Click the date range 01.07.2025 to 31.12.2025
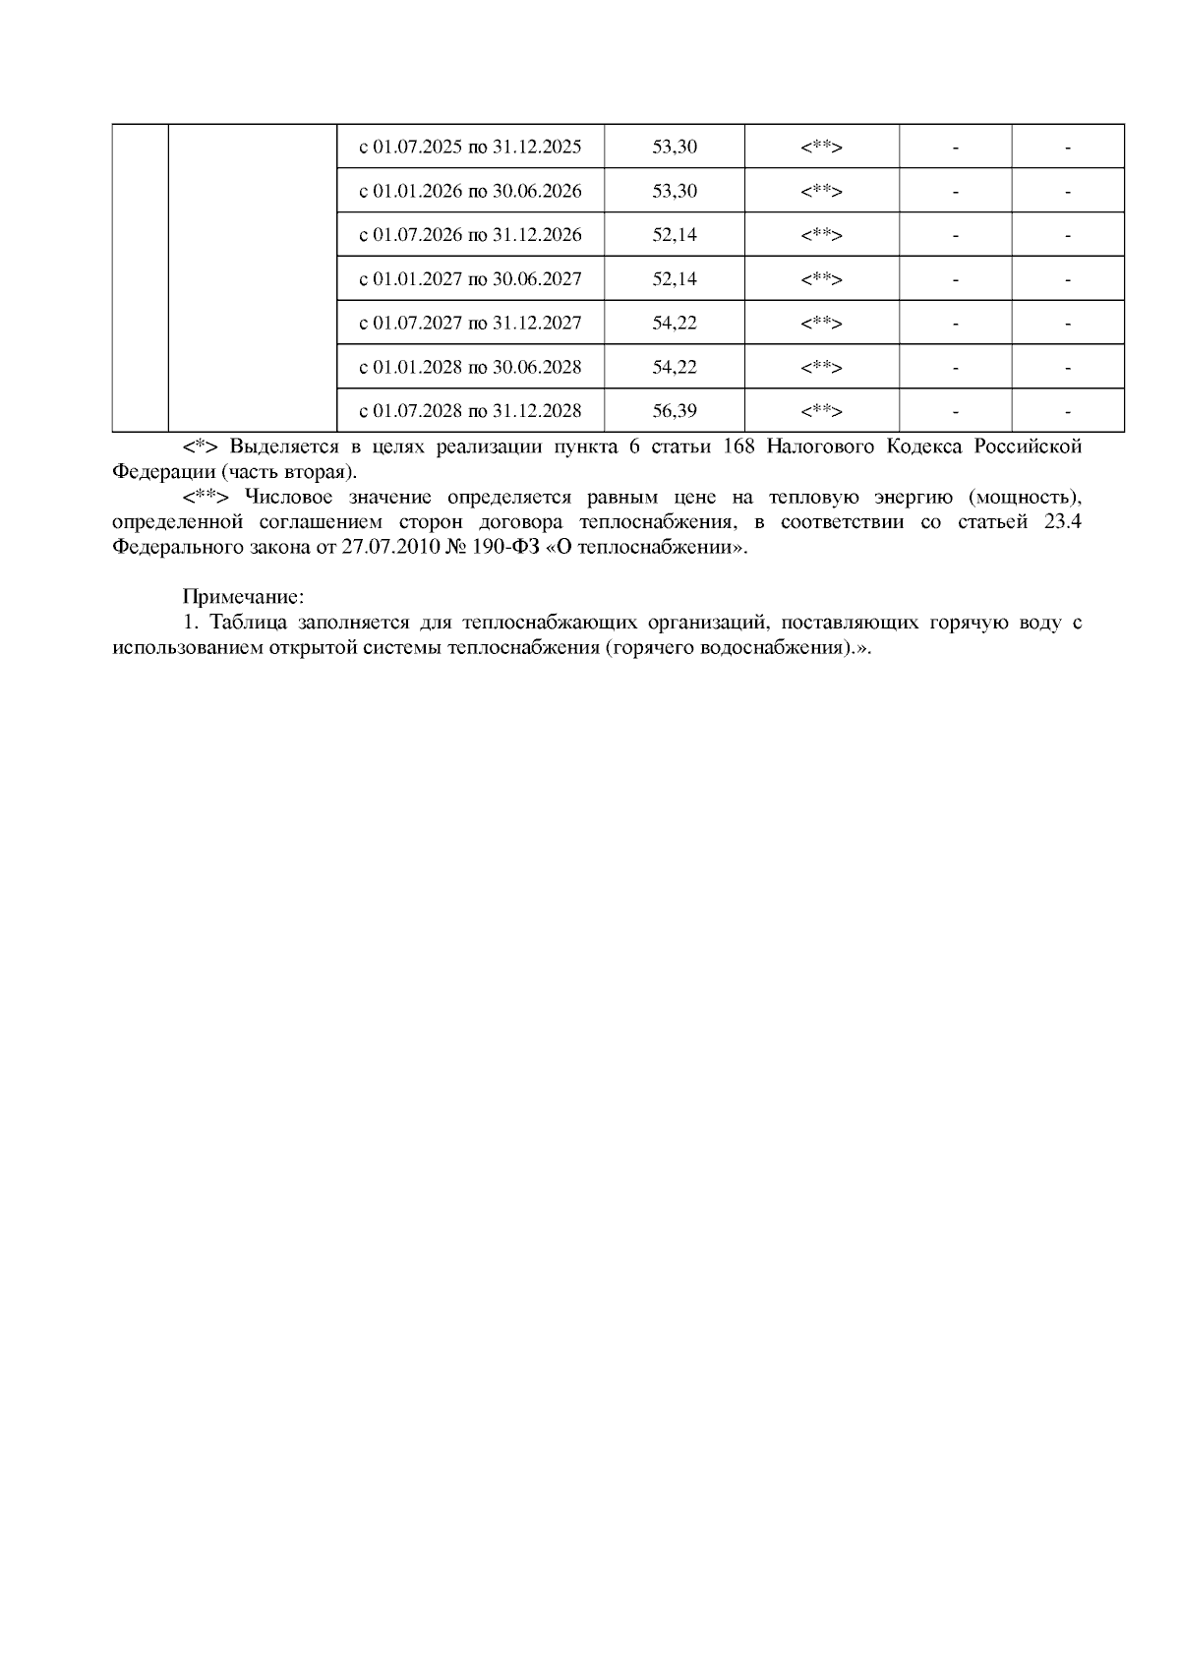tap(470, 148)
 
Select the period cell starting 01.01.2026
tap(470, 191)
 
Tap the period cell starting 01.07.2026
tap(470, 235)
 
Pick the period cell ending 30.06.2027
tap(470, 279)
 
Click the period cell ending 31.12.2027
tap(470, 324)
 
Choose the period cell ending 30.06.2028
tap(470, 368)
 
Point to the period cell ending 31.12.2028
tap(470, 411)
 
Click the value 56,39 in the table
tap(675, 411)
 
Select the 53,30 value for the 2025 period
tap(675, 148)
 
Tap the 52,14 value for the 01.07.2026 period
tap(675, 235)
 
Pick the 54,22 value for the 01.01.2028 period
tap(675, 368)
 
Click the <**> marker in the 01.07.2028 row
tap(822, 411)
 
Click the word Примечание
tap(243, 597)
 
